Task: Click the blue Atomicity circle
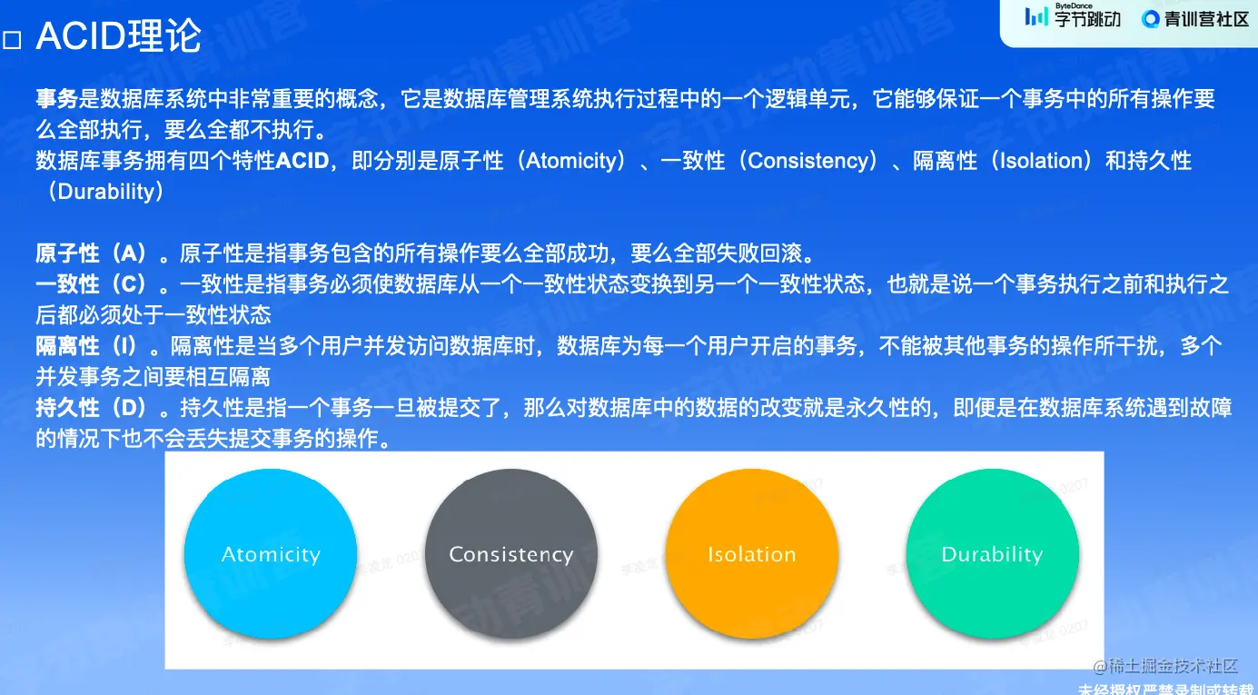(x=271, y=553)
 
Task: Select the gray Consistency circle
(x=511, y=553)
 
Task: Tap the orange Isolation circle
(x=752, y=553)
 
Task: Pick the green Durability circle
(x=993, y=553)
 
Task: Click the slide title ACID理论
(x=118, y=36)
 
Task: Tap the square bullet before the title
(x=12, y=41)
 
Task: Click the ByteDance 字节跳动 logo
(x=1073, y=16)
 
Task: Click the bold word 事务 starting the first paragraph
(x=56, y=99)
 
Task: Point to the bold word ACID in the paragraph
(x=302, y=161)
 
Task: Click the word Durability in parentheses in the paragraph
(x=106, y=192)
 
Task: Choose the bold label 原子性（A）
(x=92, y=253)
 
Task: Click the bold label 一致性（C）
(x=92, y=284)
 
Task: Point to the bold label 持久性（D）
(x=92, y=408)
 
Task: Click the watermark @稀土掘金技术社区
(x=1165, y=666)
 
